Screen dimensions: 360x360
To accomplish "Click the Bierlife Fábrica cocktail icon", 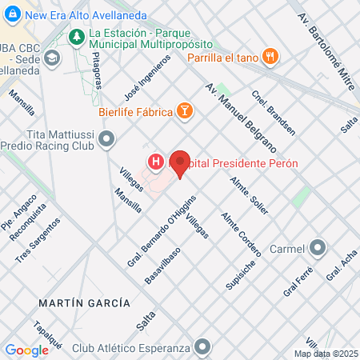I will [x=185, y=111].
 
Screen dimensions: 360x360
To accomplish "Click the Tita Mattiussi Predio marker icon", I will [x=107, y=142].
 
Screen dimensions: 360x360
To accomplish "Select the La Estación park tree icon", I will [x=78, y=36].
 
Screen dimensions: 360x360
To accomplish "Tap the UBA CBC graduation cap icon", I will [x=52, y=58].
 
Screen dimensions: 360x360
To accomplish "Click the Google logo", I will [x=27, y=350].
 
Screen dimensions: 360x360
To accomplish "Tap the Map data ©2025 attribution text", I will [x=324, y=354].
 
